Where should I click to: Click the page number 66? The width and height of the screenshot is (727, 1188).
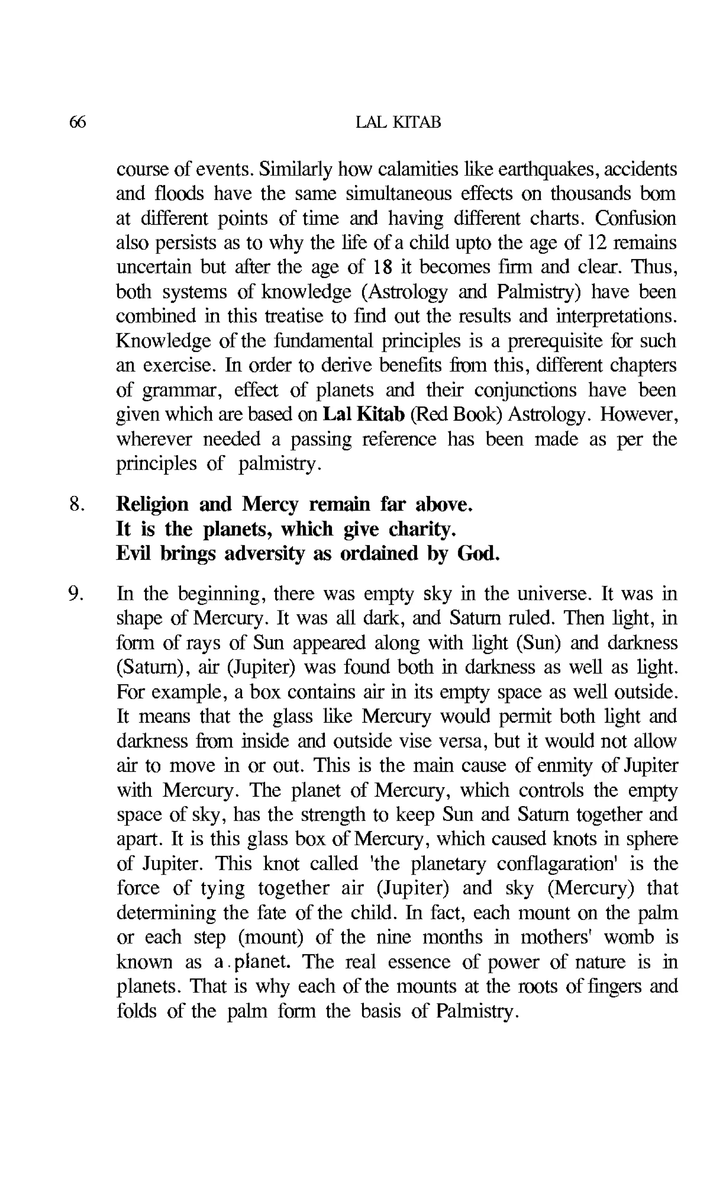pyautogui.click(x=78, y=122)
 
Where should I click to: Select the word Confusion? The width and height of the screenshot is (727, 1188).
pyautogui.click(x=635, y=218)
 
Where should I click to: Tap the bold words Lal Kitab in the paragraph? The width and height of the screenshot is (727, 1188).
pyautogui.click(x=363, y=414)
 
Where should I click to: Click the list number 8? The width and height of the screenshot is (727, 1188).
pyautogui.click(x=77, y=504)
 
